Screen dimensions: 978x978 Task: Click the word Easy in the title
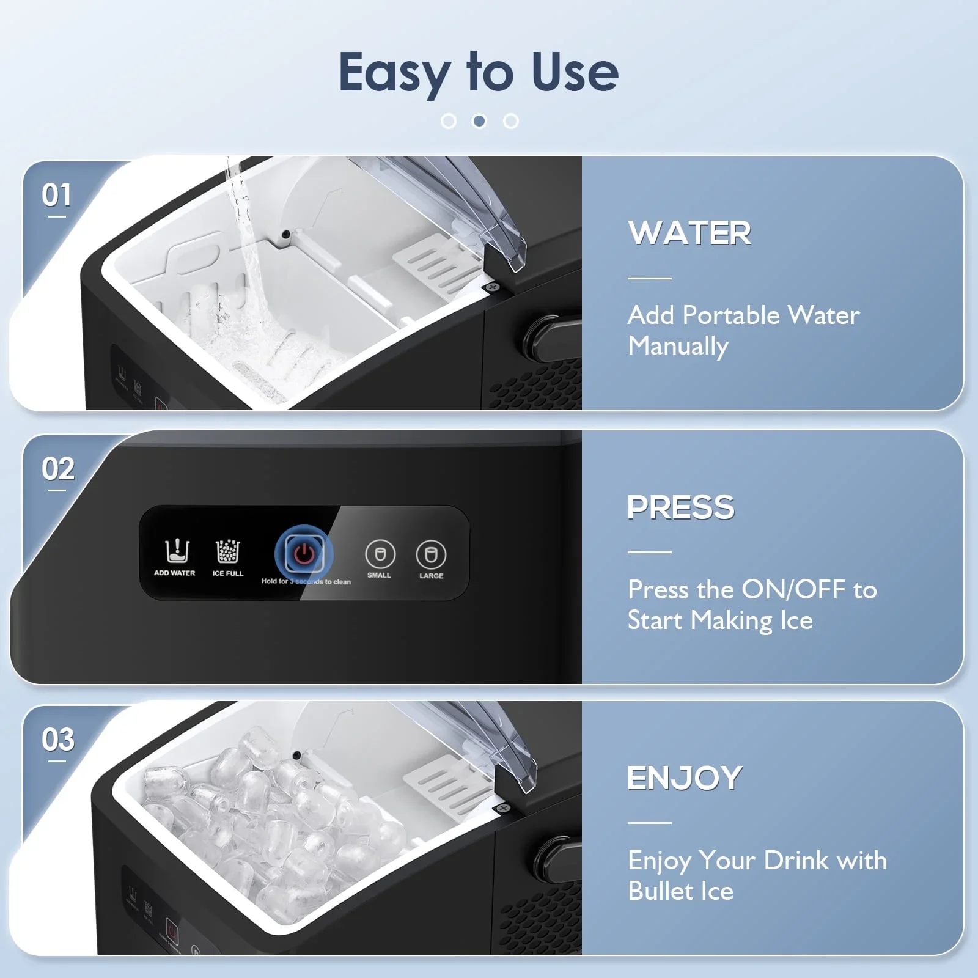pos(394,73)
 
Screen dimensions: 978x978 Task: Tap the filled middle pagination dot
pos(480,121)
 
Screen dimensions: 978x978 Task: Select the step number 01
pos(56,196)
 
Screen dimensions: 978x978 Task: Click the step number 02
pos(58,469)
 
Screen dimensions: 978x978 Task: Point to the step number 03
pos(58,740)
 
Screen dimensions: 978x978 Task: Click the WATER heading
pos(689,233)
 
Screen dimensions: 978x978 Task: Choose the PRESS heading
pos(681,507)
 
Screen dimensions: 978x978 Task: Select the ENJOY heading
pos(685,778)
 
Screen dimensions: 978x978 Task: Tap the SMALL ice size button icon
pos(380,554)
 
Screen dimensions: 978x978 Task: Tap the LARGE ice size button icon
pos(431,554)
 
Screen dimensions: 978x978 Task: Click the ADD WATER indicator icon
pos(177,551)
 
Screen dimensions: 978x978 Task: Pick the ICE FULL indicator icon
pos(228,551)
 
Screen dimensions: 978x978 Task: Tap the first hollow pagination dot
pos(449,121)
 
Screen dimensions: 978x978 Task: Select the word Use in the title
pos(575,73)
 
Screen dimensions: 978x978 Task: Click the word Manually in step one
pos(678,347)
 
